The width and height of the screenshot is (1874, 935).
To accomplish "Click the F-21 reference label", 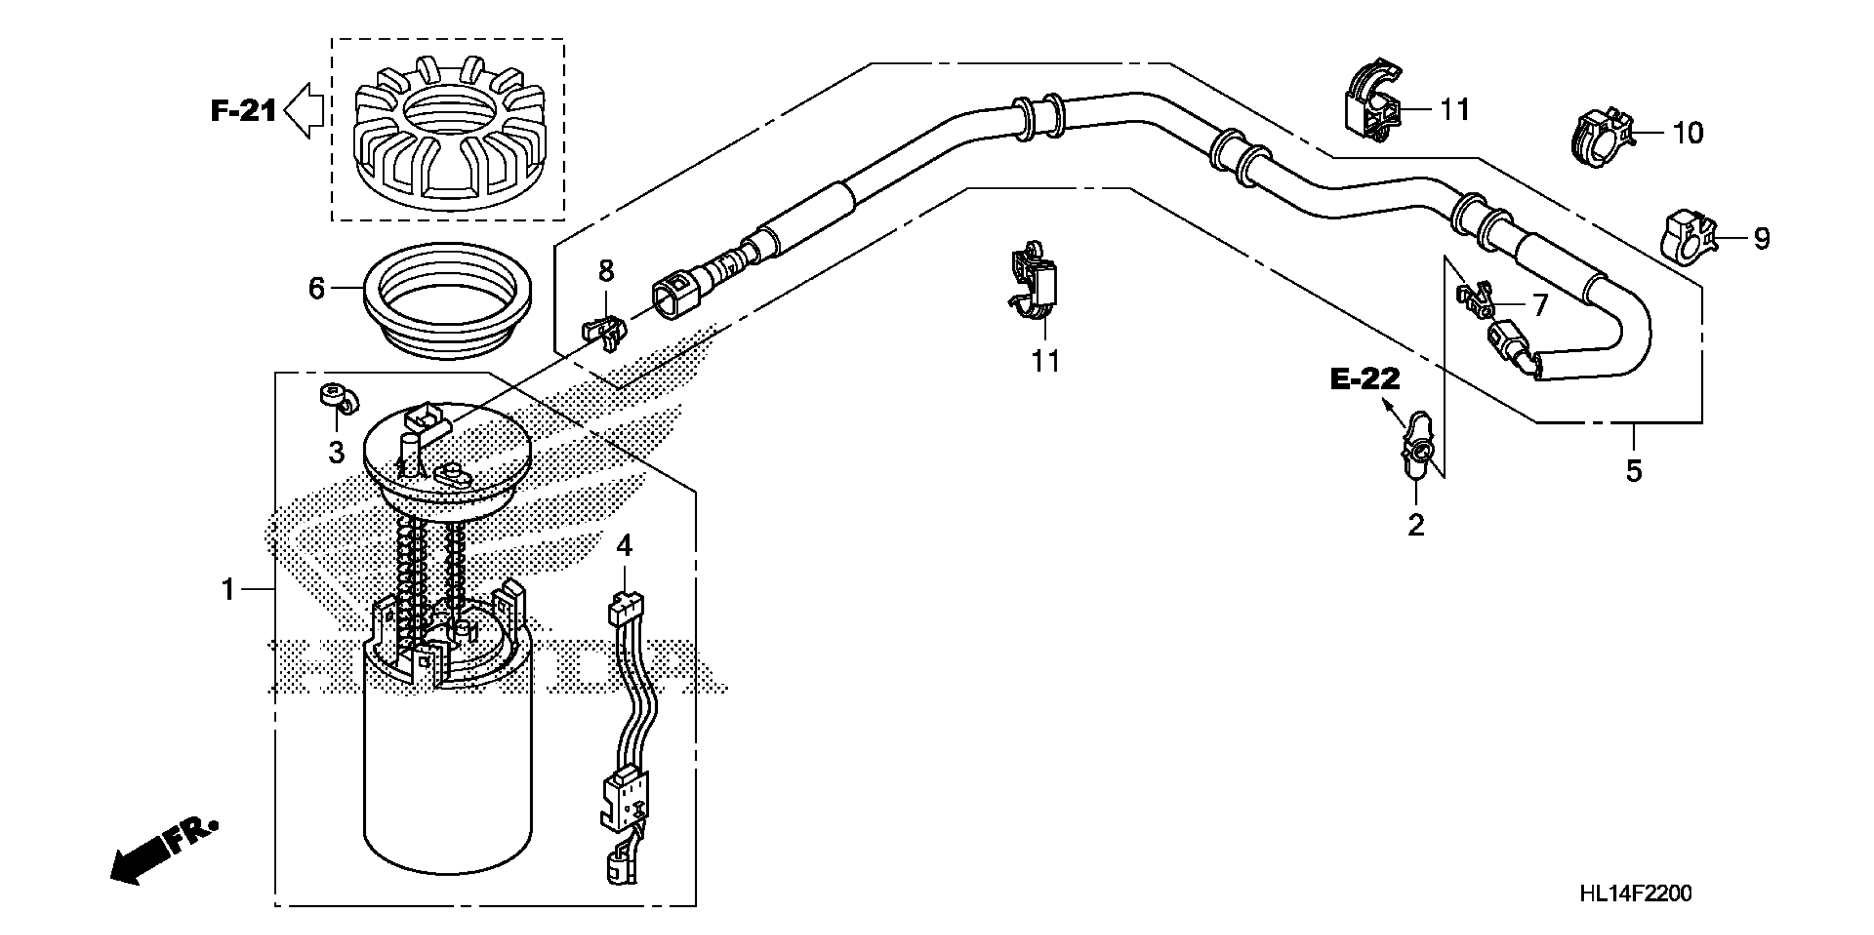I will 243,111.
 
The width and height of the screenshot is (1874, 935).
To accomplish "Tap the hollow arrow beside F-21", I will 304,111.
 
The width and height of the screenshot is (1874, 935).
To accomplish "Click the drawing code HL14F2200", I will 1635,894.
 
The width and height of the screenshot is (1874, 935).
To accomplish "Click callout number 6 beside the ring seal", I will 316,289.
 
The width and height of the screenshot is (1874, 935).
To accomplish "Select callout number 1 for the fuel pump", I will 228,590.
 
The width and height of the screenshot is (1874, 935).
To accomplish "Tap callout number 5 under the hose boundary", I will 1634,471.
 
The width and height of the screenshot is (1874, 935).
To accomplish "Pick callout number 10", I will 1688,133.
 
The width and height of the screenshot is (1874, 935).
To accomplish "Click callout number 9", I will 1761,239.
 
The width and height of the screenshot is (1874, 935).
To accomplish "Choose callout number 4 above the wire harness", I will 624,546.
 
